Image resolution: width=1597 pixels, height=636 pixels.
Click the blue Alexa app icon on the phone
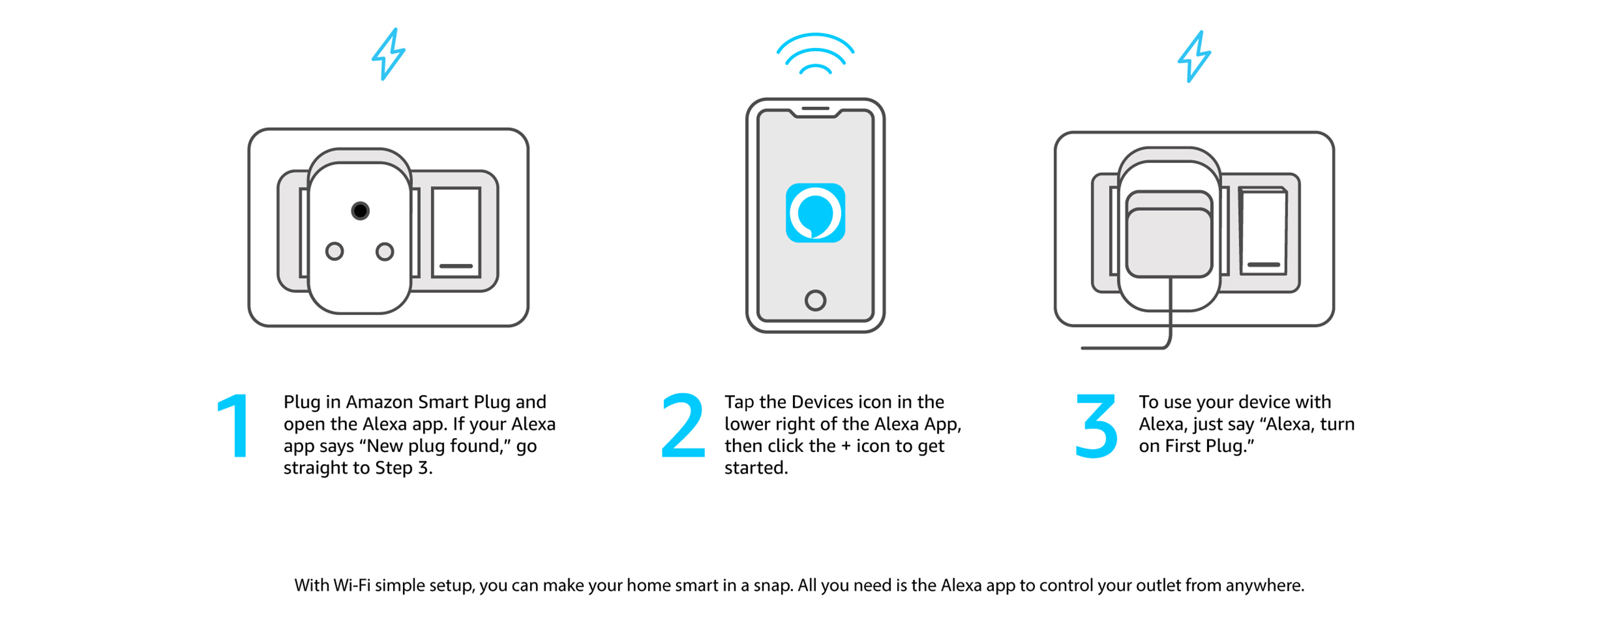point(815,212)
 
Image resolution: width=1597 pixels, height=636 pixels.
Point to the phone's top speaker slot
point(815,108)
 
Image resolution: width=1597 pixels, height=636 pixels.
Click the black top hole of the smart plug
point(359,210)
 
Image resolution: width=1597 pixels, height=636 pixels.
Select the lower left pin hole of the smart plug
point(334,251)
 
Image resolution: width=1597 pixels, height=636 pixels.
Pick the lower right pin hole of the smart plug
point(384,251)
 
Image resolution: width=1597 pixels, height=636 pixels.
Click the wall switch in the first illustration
point(455,231)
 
